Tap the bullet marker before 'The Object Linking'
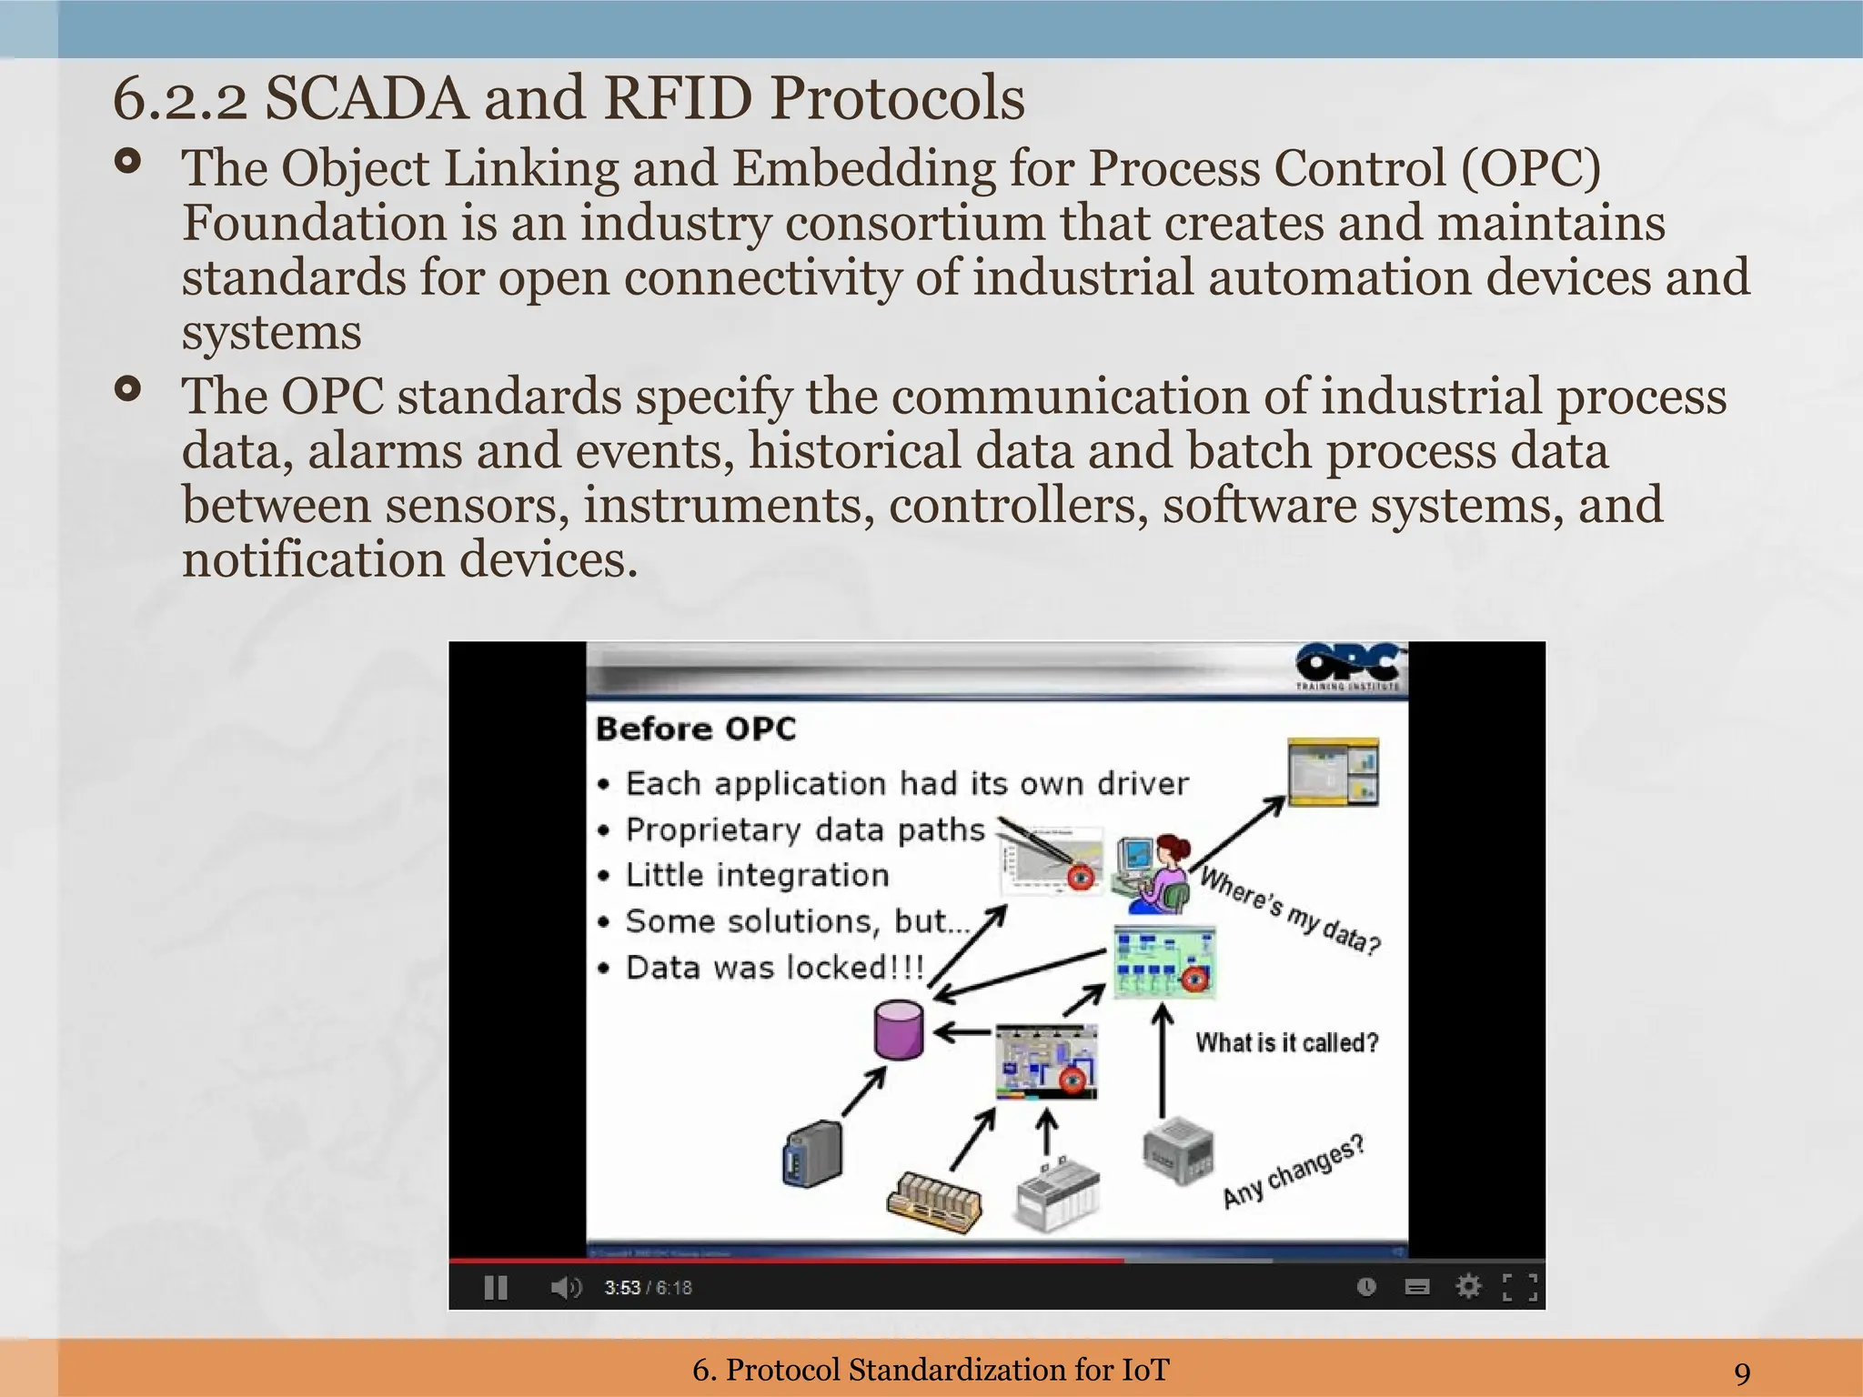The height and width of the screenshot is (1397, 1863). (x=128, y=163)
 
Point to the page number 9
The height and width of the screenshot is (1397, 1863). (x=1742, y=1372)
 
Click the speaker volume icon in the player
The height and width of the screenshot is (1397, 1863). (x=565, y=1288)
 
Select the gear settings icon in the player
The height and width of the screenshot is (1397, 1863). (x=1467, y=1287)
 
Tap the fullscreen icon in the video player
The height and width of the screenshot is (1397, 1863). (x=1519, y=1287)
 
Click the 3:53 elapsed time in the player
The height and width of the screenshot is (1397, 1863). (x=622, y=1288)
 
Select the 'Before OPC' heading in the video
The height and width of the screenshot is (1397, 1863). (x=695, y=729)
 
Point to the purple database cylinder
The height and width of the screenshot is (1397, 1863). (x=898, y=1030)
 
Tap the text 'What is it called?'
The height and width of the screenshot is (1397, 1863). (x=1286, y=1042)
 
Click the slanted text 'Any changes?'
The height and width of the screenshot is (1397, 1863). (x=1293, y=1171)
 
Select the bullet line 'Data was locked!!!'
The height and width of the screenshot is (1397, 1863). (x=773, y=967)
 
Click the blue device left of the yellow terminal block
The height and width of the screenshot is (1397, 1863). (x=812, y=1153)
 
